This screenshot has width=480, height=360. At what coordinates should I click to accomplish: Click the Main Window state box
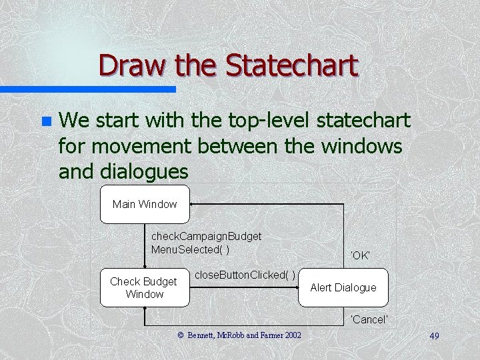point(145,204)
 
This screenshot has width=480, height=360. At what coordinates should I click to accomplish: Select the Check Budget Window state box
point(145,287)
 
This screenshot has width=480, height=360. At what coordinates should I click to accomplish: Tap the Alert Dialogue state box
point(343,287)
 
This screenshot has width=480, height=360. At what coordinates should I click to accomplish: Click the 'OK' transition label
point(360,255)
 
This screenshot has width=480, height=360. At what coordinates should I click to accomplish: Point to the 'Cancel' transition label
point(369,319)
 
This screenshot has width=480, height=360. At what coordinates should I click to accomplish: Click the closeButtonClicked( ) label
point(245,275)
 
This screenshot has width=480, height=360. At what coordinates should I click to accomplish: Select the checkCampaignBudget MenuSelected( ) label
point(206,243)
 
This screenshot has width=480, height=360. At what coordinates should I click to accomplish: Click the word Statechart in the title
point(291,65)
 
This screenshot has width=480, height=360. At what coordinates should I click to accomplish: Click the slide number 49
point(434,336)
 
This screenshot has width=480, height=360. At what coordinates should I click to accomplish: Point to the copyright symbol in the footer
point(180,335)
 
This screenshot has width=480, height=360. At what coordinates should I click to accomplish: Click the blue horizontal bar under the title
point(87,89)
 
